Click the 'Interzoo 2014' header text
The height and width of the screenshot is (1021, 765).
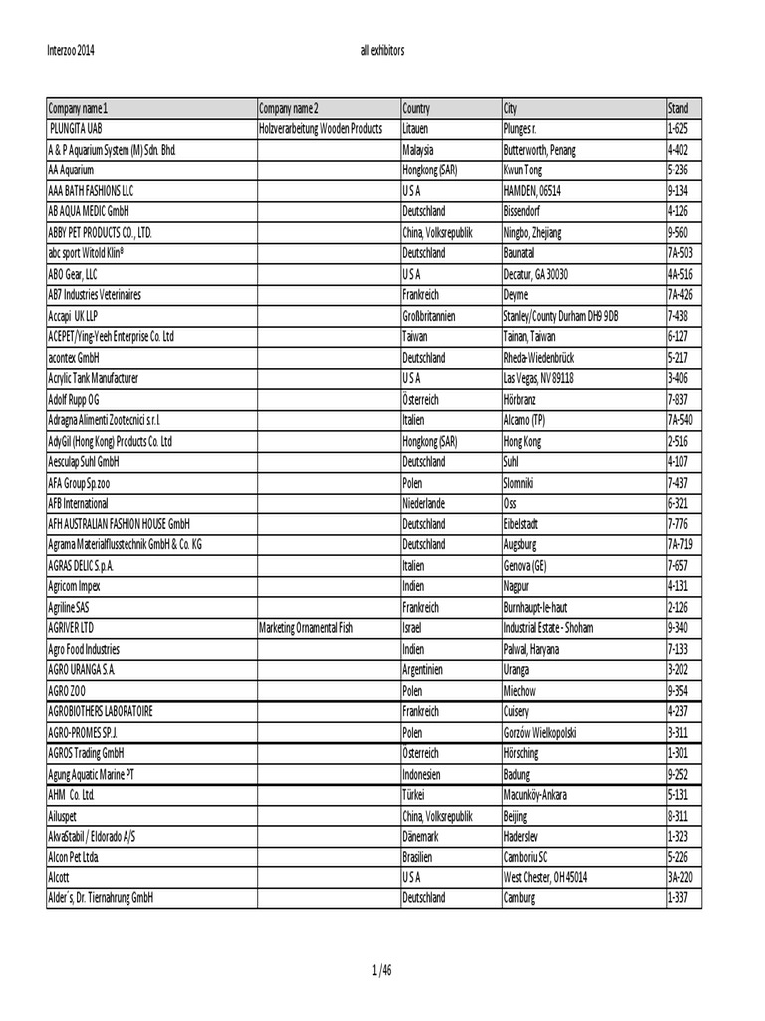pos(72,49)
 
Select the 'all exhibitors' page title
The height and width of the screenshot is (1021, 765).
pos(382,49)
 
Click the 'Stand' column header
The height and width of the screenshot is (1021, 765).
pos(678,108)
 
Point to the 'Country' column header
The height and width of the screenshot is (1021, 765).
pos(416,108)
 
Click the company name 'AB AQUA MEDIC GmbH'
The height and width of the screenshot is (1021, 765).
pos(89,211)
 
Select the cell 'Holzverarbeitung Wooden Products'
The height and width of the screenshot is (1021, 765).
pos(320,129)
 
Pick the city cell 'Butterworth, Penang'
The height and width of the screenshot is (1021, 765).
pos(540,150)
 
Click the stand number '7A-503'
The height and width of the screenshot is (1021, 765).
pos(680,253)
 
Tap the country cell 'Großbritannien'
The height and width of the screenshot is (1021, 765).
pos(429,315)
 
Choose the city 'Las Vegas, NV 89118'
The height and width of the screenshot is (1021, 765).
pos(539,378)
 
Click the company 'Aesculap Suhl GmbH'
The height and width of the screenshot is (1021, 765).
pos(84,462)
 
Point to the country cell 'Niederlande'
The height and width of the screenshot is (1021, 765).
pos(424,503)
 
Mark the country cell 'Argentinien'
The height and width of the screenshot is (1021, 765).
pos(428,669)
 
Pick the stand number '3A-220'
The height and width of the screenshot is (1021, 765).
pos(680,877)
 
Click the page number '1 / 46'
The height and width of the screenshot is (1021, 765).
pos(382,970)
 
